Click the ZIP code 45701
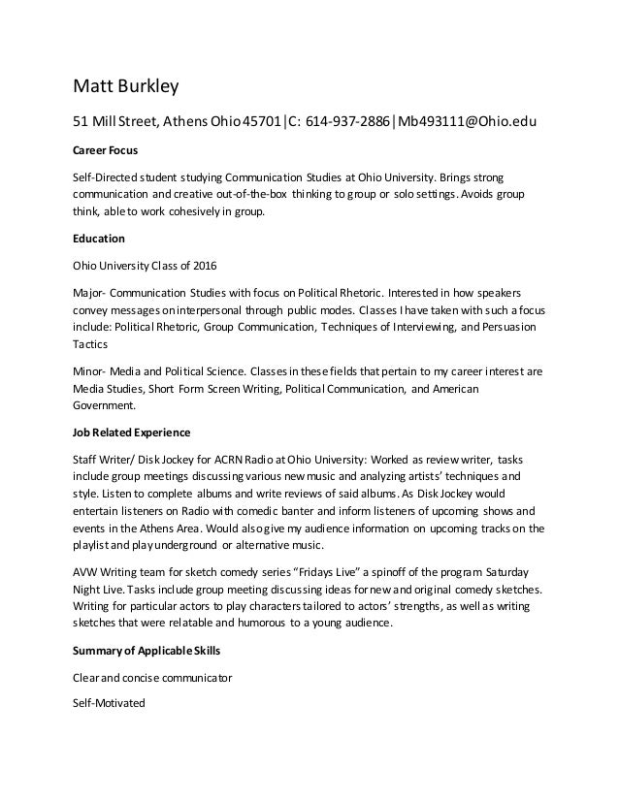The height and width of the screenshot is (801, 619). point(261,123)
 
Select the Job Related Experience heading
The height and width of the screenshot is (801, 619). point(132,432)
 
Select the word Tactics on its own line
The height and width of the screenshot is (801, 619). point(91,344)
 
